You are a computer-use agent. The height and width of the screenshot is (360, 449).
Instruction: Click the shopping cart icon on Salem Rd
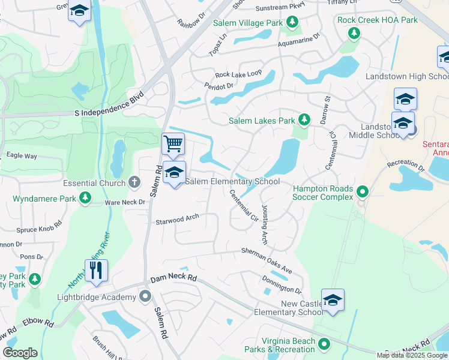pyautogui.click(x=173, y=144)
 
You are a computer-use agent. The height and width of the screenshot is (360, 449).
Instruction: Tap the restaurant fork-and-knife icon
pyautogui.click(x=96, y=270)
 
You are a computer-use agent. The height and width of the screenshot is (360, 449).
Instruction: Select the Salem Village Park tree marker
pyautogui.click(x=292, y=23)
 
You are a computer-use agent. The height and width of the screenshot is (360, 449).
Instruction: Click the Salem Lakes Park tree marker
pyautogui.click(x=304, y=121)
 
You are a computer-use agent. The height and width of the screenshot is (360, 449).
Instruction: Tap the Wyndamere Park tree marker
pyautogui.click(x=86, y=197)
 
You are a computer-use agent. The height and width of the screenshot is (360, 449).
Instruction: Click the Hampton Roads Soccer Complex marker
pyautogui.click(x=363, y=192)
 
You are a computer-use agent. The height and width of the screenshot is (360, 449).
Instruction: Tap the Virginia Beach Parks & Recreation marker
pyautogui.click(x=325, y=344)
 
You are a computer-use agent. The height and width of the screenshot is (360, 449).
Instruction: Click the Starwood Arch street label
pyautogui.click(x=177, y=220)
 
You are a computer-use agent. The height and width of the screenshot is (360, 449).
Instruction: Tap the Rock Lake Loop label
pyautogui.click(x=238, y=74)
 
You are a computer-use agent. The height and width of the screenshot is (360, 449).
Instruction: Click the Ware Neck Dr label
pyautogui.click(x=125, y=202)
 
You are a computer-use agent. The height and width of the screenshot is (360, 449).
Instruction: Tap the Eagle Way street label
pyautogui.click(x=22, y=155)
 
